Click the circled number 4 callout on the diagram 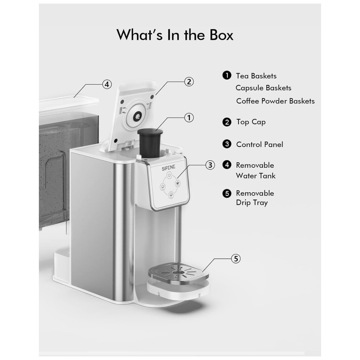point(107,84)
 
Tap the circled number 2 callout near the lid point(189,82)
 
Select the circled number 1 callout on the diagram point(189,118)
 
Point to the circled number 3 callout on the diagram point(210,165)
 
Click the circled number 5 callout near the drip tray point(236,259)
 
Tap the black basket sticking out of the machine point(150,143)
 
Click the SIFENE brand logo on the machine point(168,168)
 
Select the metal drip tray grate point(179,273)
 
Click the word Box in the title point(221,35)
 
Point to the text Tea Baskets point(256,76)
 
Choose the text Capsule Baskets point(264,88)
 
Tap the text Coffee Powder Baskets point(275,101)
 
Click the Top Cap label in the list point(251,122)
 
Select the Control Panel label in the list point(260,144)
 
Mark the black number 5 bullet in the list point(227,193)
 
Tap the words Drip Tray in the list point(252,203)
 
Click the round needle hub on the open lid point(137,116)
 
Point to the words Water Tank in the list point(256,176)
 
